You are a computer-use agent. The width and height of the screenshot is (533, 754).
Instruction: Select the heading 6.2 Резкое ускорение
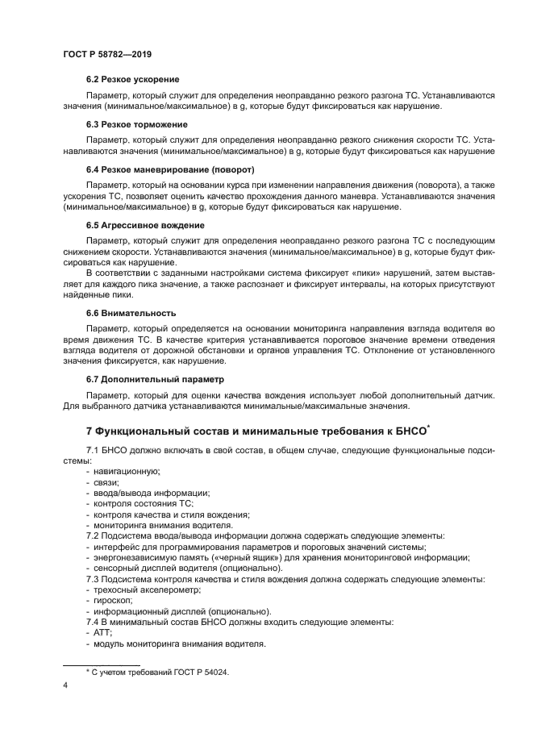click(132, 80)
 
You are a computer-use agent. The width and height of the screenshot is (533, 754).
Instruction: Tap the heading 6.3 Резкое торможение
click(136, 125)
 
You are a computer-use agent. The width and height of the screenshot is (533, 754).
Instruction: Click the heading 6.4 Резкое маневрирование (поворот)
click(170, 170)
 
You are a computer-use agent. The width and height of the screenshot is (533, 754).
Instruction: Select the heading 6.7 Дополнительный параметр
click(156, 378)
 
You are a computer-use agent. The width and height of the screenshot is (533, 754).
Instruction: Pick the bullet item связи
click(106, 481)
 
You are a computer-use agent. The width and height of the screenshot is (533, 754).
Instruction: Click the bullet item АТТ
click(103, 634)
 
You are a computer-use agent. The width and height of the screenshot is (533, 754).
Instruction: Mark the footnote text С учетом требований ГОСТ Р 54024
click(156, 672)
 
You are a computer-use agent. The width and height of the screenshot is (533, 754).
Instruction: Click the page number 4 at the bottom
click(64, 685)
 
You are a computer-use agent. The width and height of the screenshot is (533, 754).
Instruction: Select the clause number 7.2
click(95, 535)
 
